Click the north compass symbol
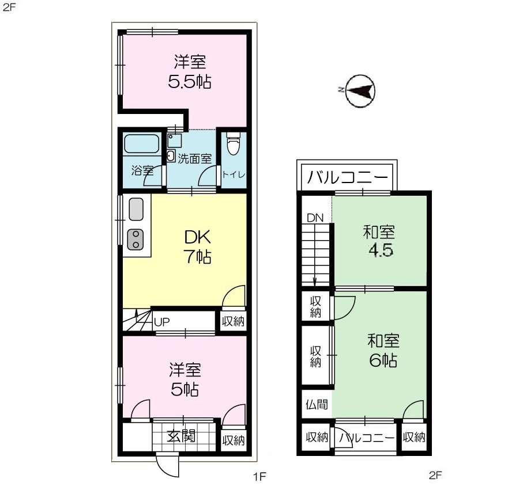[360, 90]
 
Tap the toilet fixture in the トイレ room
[233, 145]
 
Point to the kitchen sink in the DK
[136, 210]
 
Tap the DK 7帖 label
[198, 246]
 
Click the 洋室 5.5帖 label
[189, 71]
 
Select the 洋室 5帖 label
[185, 379]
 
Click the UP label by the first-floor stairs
[161, 322]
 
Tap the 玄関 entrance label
[180, 436]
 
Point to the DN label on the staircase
[315, 218]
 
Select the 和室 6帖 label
[383, 351]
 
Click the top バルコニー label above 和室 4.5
[347, 177]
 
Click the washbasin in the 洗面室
[171, 155]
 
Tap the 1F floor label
[259, 476]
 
